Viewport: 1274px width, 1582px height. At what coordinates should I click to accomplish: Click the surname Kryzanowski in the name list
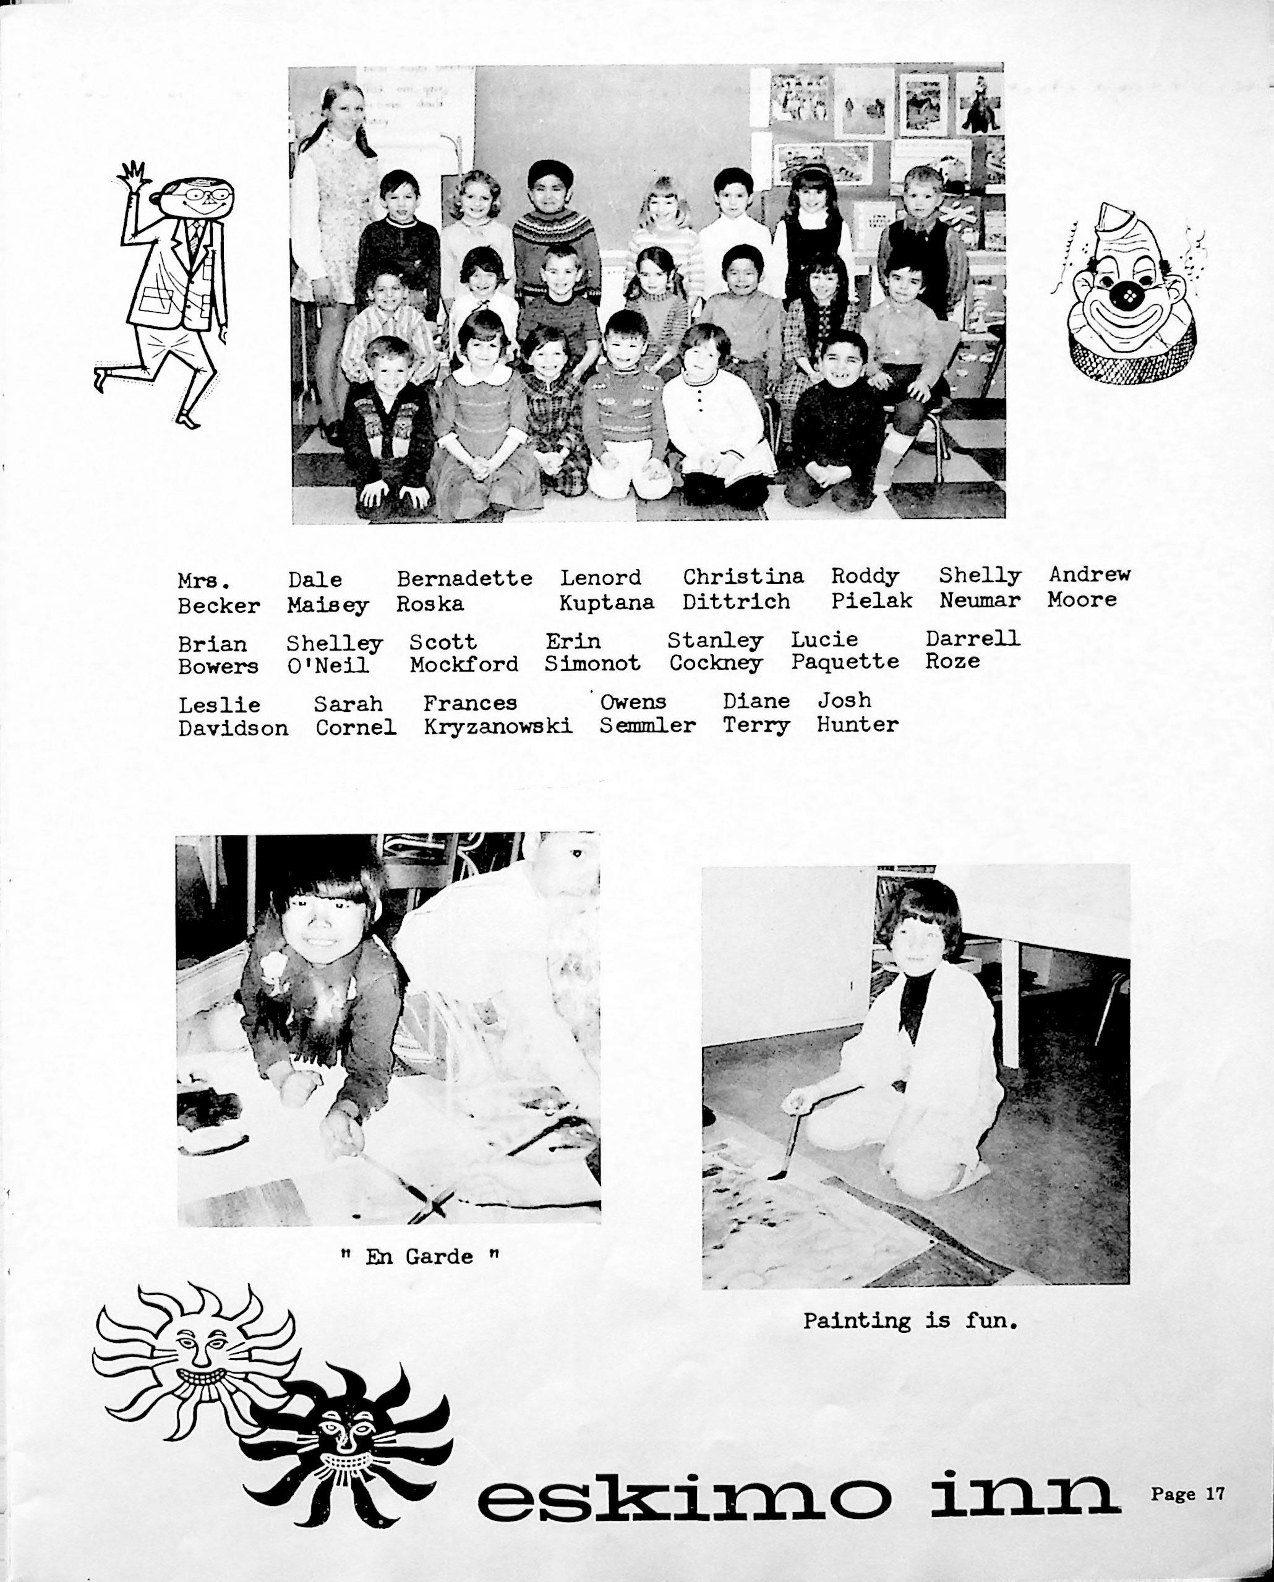[498, 727]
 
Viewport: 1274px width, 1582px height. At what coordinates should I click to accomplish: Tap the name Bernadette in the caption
[464, 578]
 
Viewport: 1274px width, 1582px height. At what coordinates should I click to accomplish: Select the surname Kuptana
[606, 603]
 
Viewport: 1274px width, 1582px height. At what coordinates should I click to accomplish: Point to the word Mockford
[463, 665]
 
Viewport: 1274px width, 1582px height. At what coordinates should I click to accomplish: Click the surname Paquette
[844, 662]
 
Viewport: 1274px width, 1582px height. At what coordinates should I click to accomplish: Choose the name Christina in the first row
[743, 577]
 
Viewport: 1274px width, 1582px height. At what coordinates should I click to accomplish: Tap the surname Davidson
[233, 728]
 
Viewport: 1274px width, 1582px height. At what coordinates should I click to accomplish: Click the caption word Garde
[439, 1257]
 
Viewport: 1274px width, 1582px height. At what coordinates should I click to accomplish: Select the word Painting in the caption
[857, 1322]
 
